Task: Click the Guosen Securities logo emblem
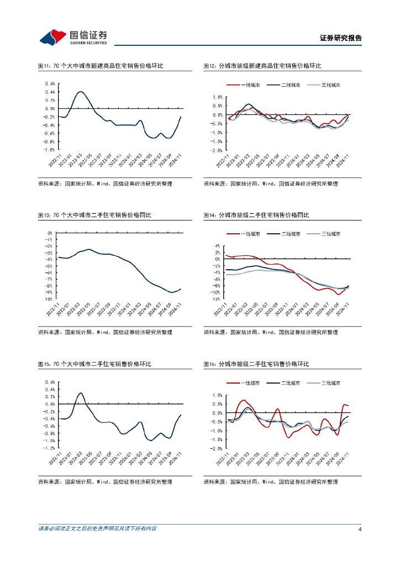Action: coord(53,37)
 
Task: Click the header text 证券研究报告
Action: coord(341,38)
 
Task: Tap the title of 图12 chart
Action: coord(262,66)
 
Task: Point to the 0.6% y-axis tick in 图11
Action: coord(50,84)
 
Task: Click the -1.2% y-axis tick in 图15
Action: coord(49,448)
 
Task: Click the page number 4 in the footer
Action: coord(360,530)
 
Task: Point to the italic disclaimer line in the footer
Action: coord(97,529)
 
